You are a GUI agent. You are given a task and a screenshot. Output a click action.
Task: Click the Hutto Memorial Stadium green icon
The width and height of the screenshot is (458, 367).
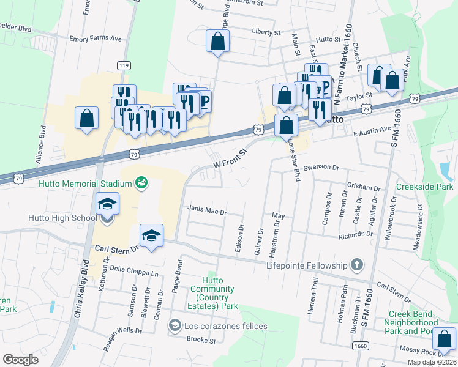(141, 183)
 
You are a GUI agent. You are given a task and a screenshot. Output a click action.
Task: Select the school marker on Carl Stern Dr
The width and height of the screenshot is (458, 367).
(151, 235)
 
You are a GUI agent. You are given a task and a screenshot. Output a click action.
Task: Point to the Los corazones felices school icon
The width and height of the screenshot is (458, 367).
(176, 326)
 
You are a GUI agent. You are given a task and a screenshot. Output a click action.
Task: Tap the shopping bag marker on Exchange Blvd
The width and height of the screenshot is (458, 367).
(217, 42)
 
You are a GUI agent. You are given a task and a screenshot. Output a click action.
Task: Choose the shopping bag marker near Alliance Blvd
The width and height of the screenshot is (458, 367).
(87, 117)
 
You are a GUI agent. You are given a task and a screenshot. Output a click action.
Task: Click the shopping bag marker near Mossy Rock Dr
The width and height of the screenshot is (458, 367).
(444, 339)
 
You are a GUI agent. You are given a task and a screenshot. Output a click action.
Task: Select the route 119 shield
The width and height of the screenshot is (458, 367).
(124, 65)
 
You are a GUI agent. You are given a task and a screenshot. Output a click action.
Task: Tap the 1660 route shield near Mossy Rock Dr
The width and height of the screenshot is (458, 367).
(360, 346)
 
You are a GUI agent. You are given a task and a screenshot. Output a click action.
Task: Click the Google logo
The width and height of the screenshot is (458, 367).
(21, 359)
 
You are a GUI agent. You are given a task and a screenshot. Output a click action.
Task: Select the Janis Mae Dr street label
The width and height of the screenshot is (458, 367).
(207, 213)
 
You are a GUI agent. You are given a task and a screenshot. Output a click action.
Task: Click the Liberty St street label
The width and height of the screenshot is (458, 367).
(266, 31)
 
